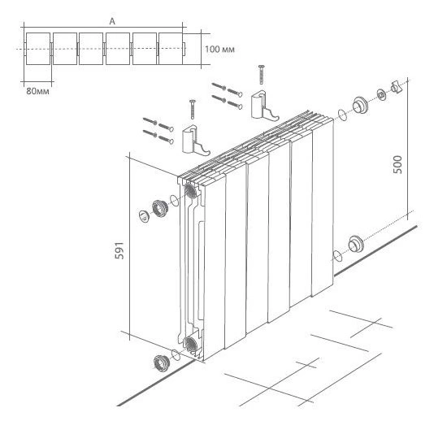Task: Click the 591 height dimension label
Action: click(x=119, y=250)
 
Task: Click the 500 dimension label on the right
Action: click(x=397, y=164)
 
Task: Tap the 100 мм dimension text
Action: click(x=219, y=50)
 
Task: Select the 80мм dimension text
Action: click(x=37, y=91)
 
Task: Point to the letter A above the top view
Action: click(x=112, y=22)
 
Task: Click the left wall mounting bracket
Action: click(x=195, y=141)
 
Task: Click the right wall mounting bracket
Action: click(x=264, y=106)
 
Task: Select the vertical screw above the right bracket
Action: click(x=261, y=75)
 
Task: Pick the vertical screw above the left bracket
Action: click(x=193, y=110)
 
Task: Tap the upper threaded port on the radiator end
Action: click(x=191, y=191)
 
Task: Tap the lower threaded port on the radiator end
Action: click(x=191, y=344)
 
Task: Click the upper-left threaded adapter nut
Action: click(x=160, y=208)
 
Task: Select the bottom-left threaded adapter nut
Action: click(x=161, y=362)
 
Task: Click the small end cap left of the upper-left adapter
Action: click(x=144, y=216)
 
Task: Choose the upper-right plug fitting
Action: click(x=360, y=105)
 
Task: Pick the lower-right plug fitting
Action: click(x=356, y=244)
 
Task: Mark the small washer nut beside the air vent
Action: click(x=381, y=95)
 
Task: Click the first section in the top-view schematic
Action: click(x=38, y=49)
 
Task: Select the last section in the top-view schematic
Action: click(x=171, y=49)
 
